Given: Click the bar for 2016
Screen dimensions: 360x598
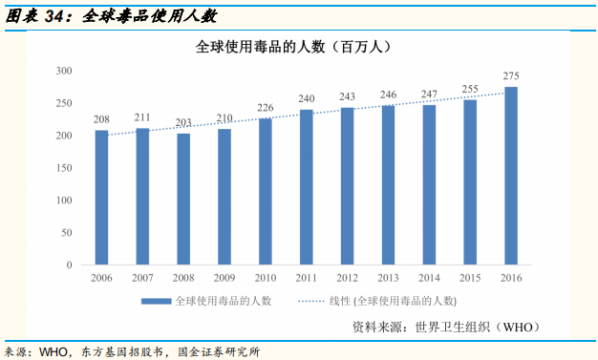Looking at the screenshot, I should tap(511, 176).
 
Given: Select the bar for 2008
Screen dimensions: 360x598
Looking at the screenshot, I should tap(183, 199).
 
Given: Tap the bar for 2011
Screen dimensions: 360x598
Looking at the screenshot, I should tap(307, 187).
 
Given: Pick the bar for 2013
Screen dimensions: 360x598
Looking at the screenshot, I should tap(388, 185).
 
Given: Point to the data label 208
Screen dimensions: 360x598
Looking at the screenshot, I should tap(101, 119).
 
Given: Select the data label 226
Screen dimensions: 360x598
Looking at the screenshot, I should tap(266, 107).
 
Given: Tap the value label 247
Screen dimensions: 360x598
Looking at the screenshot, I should tap(429, 94).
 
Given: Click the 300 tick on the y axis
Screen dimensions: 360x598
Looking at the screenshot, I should tap(65, 71).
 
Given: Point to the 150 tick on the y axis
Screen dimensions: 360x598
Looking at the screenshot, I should tap(65, 168).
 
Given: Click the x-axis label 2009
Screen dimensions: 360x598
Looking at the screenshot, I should tap(224, 278).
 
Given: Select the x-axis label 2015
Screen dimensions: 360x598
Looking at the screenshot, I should tap(470, 278).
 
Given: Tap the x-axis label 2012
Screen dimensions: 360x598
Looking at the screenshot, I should tap(347, 278).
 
